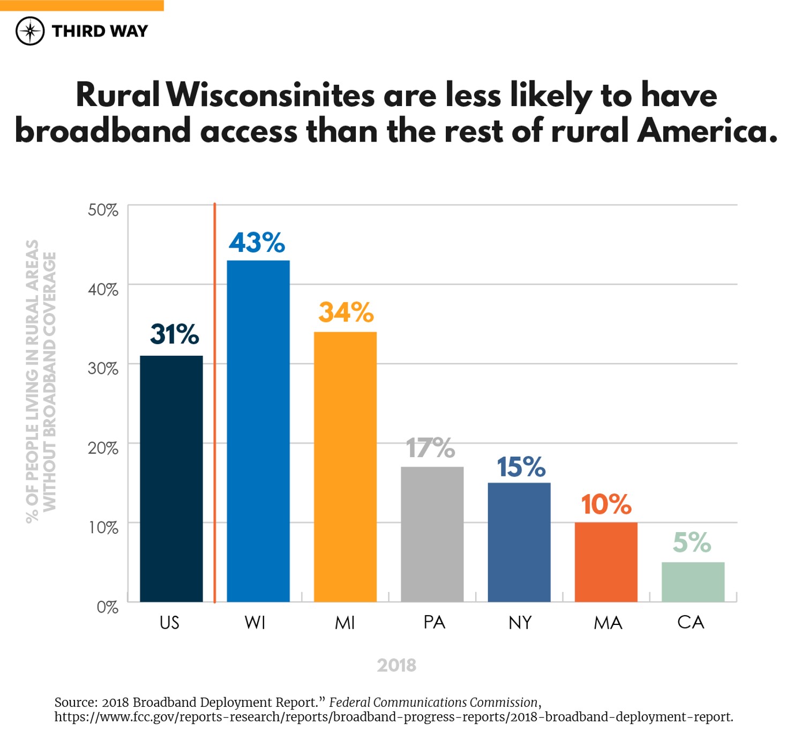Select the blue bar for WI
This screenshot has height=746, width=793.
pyautogui.click(x=258, y=431)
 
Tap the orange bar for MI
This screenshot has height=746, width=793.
pyautogui.click(x=345, y=466)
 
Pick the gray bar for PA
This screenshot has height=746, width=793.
pyautogui.click(x=432, y=534)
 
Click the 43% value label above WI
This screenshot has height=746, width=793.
pyautogui.click(x=257, y=243)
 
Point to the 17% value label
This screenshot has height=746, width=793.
pyautogui.click(x=430, y=448)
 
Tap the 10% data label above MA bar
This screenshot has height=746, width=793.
pyautogui.click(x=606, y=504)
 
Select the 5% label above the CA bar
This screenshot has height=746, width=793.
pyautogui.click(x=692, y=542)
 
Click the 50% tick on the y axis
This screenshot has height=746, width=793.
pyautogui.click(x=103, y=210)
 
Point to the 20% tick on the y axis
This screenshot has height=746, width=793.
pyautogui.click(x=103, y=448)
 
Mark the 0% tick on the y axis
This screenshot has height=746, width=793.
pyautogui.click(x=107, y=607)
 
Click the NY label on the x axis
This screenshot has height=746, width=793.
pyautogui.click(x=520, y=623)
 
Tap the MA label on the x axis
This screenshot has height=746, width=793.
pyautogui.click(x=608, y=623)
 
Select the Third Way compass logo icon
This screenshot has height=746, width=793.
pyautogui.click(x=30, y=31)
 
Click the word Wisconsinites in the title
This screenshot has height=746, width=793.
pyautogui.click(x=271, y=95)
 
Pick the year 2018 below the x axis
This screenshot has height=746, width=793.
pyautogui.click(x=396, y=665)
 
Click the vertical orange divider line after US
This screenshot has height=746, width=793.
pyautogui.click(x=214, y=402)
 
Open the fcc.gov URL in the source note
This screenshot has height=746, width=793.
pyautogui.click(x=393, y=717)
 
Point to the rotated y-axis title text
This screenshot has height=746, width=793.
pyautogui.click(x=41, y=381)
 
